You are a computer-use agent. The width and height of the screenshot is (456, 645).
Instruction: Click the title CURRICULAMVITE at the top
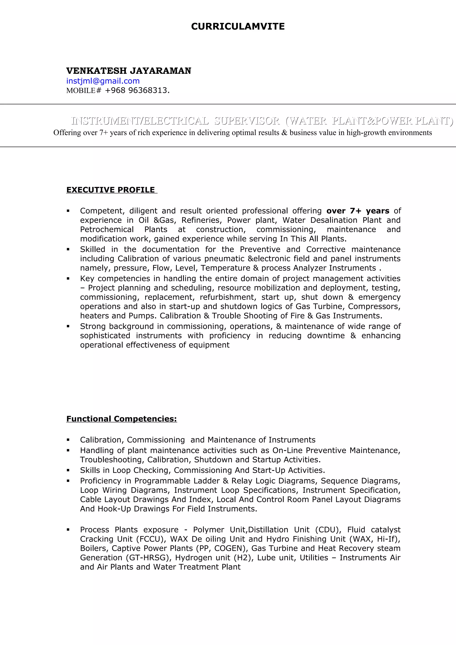pyautogui.click(x=238, y=26)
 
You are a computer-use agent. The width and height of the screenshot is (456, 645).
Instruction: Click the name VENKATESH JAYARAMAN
pyautogui.click(x=129, y=71)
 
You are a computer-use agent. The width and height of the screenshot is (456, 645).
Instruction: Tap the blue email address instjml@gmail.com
pyautogui.click(x=103, y=81)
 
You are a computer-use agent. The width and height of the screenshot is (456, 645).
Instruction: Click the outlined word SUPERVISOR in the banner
pyautogui.click(x=247, y=121)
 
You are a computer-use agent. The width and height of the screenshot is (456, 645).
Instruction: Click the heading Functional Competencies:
pyautogui.click(x=121, y=419)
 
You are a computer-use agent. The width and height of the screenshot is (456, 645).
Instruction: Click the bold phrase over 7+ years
pyautogui.click(x=358, y=211)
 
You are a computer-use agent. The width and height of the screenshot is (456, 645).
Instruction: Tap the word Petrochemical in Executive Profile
pyautogui.click(x=107, y=229)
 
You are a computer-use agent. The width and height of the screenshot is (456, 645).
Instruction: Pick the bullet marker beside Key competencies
pyautogui.click(x=68, y=279)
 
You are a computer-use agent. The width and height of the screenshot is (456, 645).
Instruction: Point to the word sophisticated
pyautogui.click(x=105, y=335)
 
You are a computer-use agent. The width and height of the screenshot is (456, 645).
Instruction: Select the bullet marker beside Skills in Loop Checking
pyautogui.click(x=68, y=470)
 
